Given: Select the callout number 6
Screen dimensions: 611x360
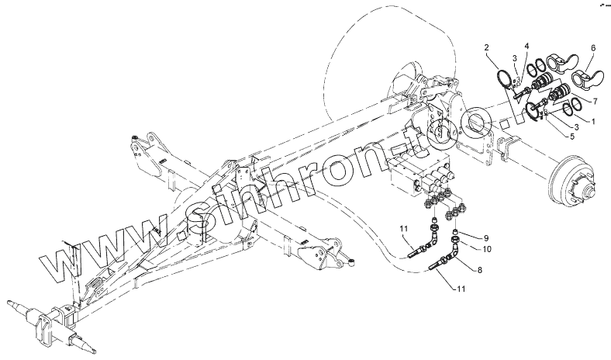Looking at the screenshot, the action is click(592, 48).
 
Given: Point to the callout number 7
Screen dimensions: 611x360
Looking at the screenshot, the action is click(595, 100).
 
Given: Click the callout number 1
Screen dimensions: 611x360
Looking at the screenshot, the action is click(593, 121).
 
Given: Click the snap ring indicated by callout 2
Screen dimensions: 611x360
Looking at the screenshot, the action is click(504, 79).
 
